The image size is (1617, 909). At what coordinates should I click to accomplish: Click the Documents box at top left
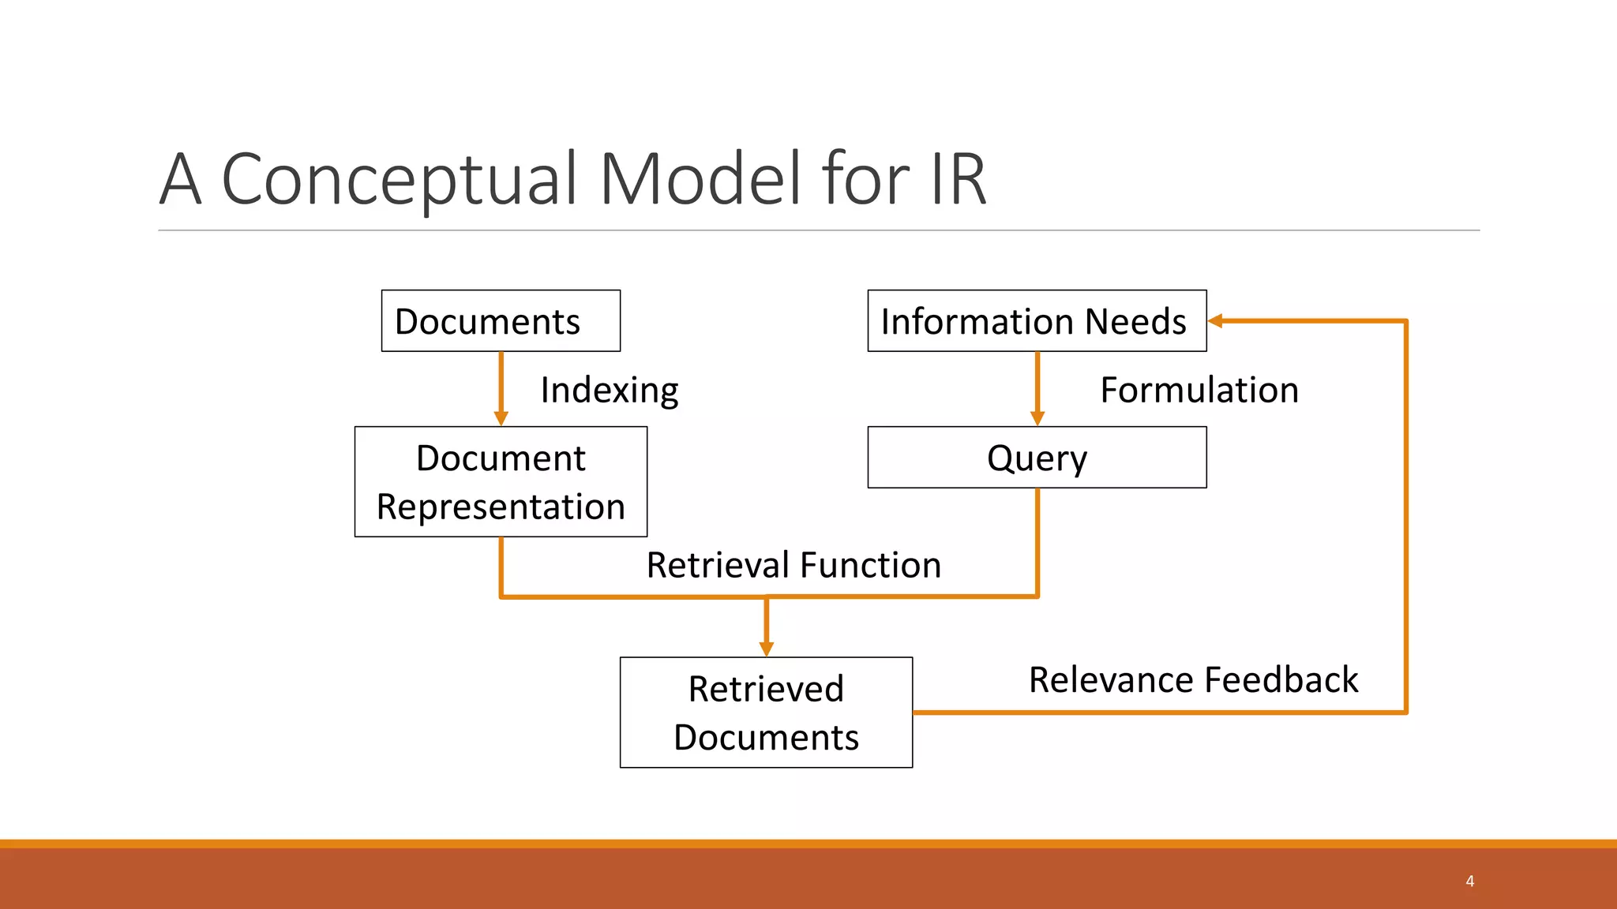(x=501, y=321)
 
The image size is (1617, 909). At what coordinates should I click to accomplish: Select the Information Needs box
(x=1036, y=321)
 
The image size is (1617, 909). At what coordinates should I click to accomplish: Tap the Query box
(x=1036, y=458)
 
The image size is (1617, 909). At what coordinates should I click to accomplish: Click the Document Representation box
(x=501, y=482)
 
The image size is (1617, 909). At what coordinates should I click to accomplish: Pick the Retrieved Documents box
(x=766, y=713)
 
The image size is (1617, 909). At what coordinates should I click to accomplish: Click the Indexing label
(x=609, y=390)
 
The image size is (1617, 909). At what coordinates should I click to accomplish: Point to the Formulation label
(x=1199, y=390)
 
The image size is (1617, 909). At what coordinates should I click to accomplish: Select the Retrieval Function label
(x=793, y=565)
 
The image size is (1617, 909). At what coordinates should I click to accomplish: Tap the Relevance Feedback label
(x=1193, y=679)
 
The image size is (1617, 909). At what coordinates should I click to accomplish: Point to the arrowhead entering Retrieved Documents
(x=766, y=649)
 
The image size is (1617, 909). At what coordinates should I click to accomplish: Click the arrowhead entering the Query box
(x=1037, y=418)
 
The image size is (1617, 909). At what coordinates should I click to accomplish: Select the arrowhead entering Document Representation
(x=501, y=418)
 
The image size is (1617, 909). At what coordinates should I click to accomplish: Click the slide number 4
(x=1469, y=881)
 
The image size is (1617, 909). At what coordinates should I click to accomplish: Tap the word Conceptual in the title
(x=400, y=179)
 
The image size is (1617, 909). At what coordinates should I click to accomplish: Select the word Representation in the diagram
(x=501, y=507)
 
